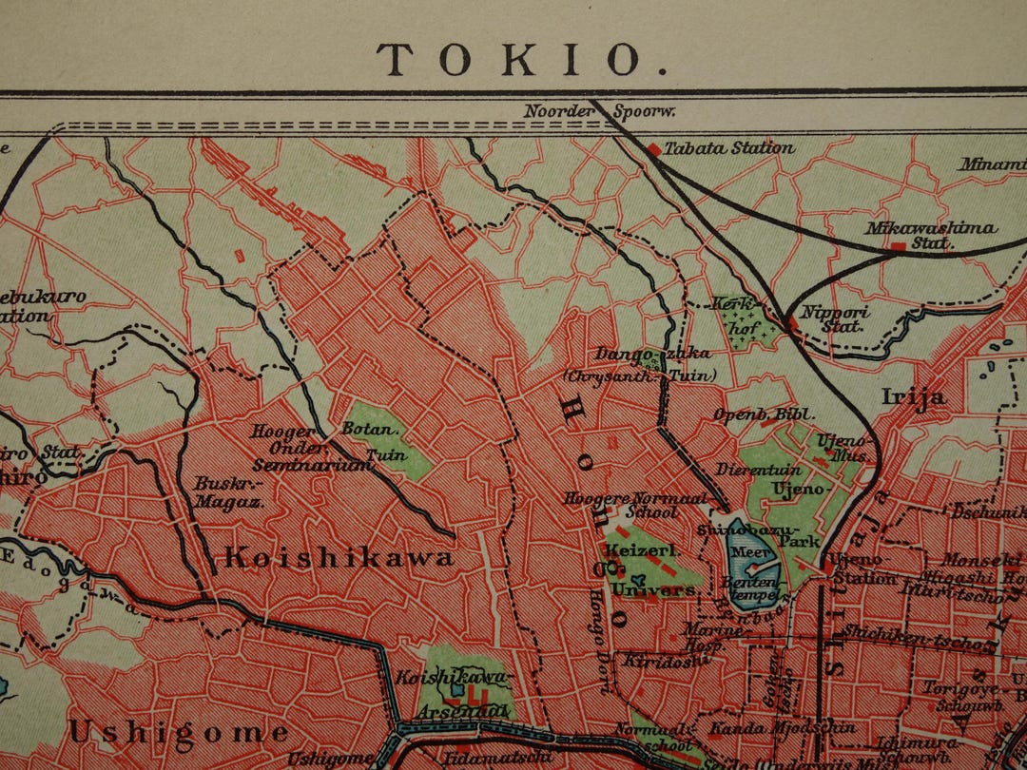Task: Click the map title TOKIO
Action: pos(522,59)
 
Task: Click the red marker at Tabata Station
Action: pos(653,149)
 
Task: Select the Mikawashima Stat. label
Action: pos(930,235)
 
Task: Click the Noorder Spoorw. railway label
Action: pos(599,111)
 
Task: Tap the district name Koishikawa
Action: pos(339,558)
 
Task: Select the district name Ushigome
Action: pos(178,732)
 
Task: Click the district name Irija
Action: pos(914,396)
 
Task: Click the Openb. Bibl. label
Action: pos(751,414)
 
